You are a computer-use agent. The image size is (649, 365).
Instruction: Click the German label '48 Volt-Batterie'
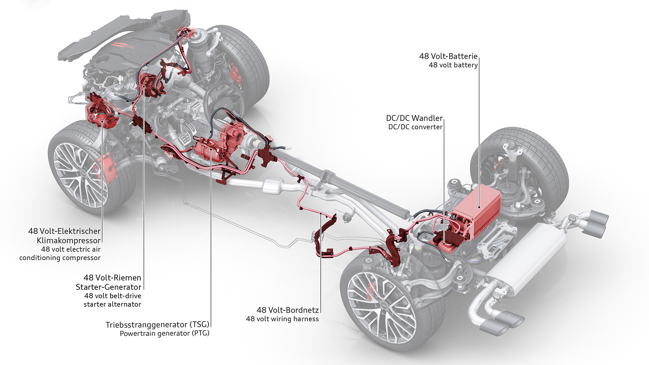pyautogui.click(x=448, y=56)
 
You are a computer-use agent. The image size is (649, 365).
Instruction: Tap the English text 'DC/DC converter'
pyautogui.click(x=415, y=127)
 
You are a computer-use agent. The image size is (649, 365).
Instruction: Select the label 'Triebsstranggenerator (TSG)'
pyautogui.click(x=158, y=324)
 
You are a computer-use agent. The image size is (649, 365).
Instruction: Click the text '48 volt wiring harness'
pyautogui.click(x=282, y=319)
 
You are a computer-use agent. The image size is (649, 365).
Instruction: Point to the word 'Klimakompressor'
pyautogui.click(x=69, y=241)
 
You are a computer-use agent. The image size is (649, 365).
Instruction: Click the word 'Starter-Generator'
pyautogui.click(x=109, y=287)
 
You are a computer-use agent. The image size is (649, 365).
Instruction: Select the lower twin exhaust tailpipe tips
pyautogui.click(x=500, y=323)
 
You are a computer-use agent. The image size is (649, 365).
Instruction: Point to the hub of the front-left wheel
pyautogui.click(x=84, y=172)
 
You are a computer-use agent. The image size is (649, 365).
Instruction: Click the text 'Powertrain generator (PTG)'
pyautogui.click(x=165, y=334)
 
